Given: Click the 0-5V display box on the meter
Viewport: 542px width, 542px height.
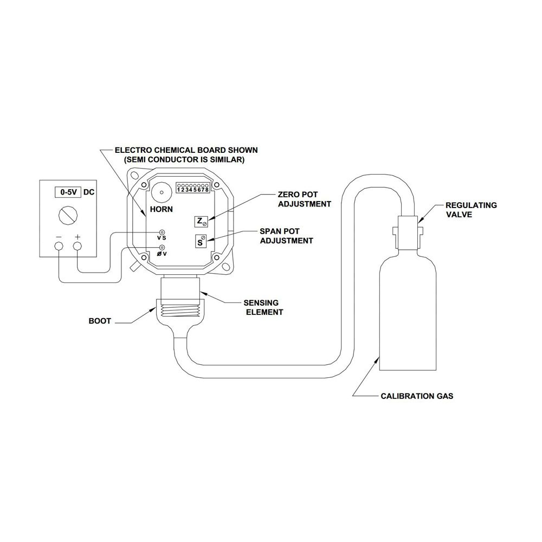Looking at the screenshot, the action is (68, 192).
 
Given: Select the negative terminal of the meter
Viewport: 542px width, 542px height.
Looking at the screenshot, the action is (59, 246).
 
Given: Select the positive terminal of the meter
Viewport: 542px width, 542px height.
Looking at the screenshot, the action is (78, 246).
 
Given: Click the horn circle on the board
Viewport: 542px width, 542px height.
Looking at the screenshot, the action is (162, 192).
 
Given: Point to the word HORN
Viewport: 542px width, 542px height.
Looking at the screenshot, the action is (161, 209).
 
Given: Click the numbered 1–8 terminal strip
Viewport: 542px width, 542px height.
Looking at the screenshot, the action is (193, 188).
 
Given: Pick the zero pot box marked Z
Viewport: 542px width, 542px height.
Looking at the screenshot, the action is (201, 222).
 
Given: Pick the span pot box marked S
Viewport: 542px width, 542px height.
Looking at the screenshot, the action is (201, 241).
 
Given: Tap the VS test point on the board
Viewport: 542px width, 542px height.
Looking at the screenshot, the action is (162, 232).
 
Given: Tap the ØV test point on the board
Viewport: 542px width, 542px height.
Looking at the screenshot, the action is (162, 248).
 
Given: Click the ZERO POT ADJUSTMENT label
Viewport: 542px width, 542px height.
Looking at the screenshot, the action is (305, 199).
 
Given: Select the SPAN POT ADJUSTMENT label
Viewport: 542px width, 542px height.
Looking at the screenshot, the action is (287, 236).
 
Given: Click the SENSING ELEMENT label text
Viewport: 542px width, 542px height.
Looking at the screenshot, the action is (263, 307).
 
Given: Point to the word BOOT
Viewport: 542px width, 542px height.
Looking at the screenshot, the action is (100, 321).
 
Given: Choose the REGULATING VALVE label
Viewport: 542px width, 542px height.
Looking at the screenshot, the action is (471, 210).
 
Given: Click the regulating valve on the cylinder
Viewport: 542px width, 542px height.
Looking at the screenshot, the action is (408, 233).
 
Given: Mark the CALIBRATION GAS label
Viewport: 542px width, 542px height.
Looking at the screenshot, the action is (417, 396).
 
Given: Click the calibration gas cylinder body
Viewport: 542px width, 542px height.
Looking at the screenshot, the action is (408, 311).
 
